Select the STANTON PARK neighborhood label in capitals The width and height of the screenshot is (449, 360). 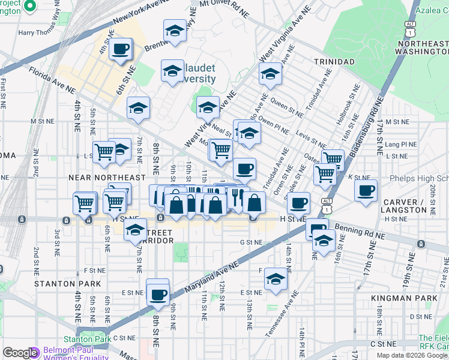64,283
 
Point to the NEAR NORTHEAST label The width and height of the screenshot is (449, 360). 107,178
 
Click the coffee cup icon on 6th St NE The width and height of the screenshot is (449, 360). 121,49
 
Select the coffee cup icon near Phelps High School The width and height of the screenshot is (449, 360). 366,191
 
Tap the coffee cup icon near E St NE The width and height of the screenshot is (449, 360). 158,293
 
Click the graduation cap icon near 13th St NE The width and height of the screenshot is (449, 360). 276,279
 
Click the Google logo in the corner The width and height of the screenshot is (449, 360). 20,352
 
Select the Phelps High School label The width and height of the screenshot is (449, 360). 420,178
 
